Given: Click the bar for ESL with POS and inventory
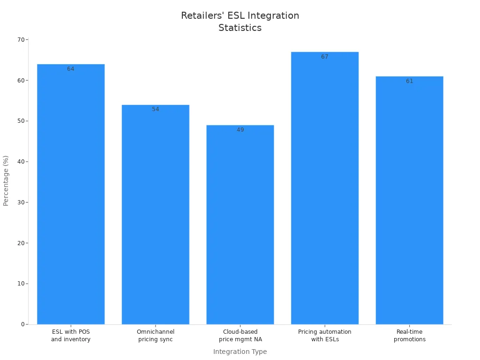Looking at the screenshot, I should tap(71, 194).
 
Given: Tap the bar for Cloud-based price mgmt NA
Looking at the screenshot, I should tap(240, 225).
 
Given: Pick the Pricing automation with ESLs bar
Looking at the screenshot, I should tap(324, 188).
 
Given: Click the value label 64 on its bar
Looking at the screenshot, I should tap(71, 69).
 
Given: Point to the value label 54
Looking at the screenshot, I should tap(155, 109).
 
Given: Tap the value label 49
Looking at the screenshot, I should tap(240, 130).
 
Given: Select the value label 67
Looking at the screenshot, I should tap(324, 57).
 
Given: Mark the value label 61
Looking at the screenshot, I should tap(409, 81).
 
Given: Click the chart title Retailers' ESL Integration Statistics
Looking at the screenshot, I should tap(240, 22).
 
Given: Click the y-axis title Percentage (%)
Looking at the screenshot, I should tap(6, 180).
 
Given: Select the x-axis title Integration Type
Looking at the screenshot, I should tap(240, 352).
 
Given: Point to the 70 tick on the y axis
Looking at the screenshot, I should tap(21, 40).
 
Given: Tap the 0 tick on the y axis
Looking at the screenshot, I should tap(23, 324).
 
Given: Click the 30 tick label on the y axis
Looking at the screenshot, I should tap(21, 202).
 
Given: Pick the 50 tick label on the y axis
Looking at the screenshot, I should tap(21, 121).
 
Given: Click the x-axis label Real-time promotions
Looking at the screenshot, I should tap(409, 336).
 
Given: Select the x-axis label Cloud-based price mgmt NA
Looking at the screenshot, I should tap(240, 336).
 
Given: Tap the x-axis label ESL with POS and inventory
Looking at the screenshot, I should tap(71, 336).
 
